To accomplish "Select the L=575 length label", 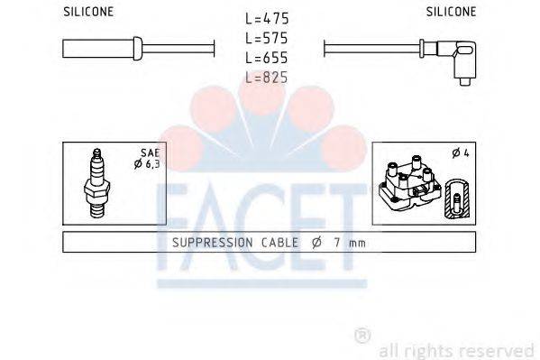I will pyautogui.click(x=267, y=39).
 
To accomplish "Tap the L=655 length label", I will pyautogui.click(x=267, y=58).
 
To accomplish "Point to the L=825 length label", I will pyautogui.click(x=267, y=78).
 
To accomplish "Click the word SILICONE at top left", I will pyautogui.click(x=88, y=11).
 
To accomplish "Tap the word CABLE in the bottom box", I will pyautogui.click(x=282, y=243).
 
